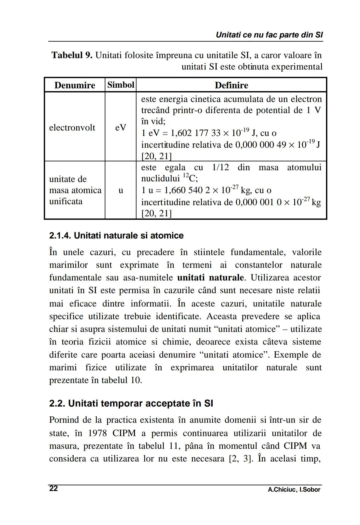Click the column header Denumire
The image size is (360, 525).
point(75,85)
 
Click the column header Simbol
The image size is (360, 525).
point(121,85)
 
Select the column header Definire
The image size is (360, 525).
point(231,85)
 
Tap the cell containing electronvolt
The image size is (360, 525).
point(72,128)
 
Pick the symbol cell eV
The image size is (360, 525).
point(121,128)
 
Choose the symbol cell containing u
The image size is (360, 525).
point(121,190)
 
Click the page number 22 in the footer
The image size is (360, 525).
point(53,489)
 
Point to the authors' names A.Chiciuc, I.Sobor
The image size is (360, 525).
point(294,490)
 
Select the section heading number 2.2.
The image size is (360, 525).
point(57,404)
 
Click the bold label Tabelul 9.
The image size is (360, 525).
point(72,55)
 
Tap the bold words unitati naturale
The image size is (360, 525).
point(210,278)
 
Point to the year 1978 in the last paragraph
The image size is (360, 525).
point(97,433)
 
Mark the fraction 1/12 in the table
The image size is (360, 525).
point(220,167)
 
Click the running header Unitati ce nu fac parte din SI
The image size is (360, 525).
point(269,35)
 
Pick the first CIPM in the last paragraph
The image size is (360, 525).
point(124,433)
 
